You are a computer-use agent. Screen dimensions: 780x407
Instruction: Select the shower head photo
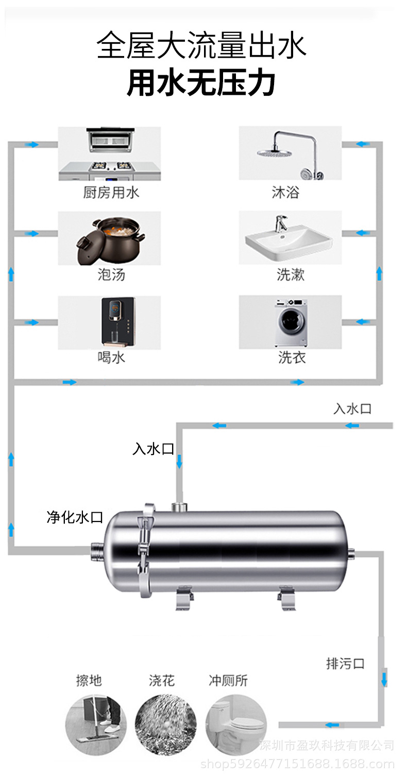tap(290, 153)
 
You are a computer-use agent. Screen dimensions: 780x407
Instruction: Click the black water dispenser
tap(117, 321)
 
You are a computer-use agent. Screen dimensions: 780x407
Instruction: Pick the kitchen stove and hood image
tap(109, 153)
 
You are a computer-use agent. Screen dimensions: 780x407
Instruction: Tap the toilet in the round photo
tap(236, 722)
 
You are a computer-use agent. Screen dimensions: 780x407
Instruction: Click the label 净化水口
tap(75, 517)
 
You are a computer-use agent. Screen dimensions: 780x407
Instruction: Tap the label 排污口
tap(345, 664)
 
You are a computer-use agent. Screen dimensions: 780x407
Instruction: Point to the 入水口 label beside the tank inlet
tap(154, 449)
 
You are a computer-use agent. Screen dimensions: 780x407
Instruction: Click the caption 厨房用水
tap(111, 193)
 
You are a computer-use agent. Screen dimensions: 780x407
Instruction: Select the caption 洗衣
tap(292, 357)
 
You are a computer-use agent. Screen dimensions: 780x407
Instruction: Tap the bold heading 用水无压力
tap(201, 83)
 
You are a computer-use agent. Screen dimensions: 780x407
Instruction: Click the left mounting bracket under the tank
tap(184, 600)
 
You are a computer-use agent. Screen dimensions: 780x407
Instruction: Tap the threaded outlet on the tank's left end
tap(96, 551)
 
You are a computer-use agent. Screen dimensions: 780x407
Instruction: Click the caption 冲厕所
tap(228, 681)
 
